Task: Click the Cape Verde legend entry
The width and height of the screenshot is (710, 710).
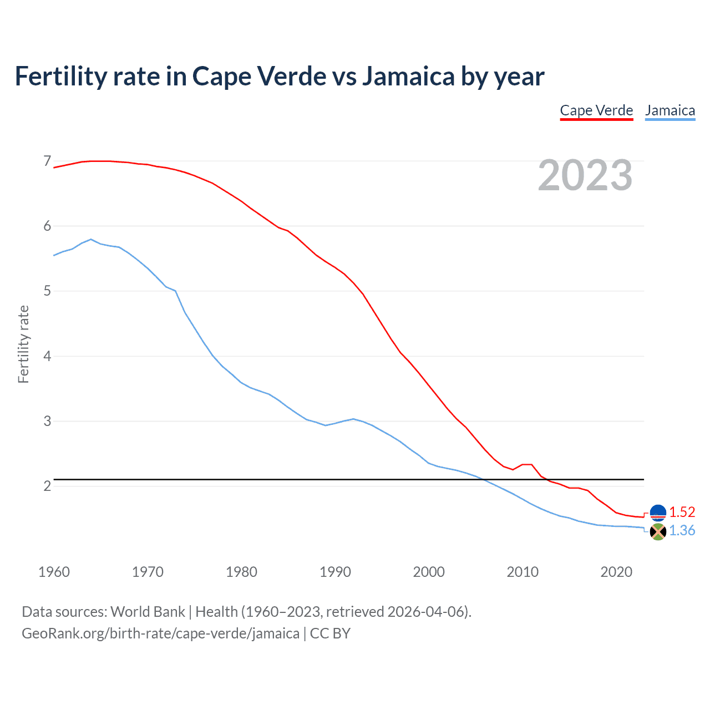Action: [596, 110]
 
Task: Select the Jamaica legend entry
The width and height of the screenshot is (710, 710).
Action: [670, 110]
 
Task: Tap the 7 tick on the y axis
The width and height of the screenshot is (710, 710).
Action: [47, 161]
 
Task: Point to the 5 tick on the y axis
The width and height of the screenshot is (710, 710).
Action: [47, 291]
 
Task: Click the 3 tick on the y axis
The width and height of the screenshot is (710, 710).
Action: [47, 421]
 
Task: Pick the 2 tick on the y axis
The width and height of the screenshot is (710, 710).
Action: [47, 486]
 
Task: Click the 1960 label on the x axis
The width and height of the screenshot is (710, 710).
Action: [54, 572]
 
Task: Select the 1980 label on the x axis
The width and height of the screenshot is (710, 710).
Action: [241, 572]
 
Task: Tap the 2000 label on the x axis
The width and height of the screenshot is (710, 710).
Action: [429, 572]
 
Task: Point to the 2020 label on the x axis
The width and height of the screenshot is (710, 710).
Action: [616, 572]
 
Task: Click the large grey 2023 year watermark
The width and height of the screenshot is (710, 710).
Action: [585, 176]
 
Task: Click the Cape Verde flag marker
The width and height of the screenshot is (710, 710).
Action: [658, 513]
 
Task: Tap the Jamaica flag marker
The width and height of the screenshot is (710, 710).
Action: [658, 531]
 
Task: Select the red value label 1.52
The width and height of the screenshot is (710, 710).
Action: [682, 512]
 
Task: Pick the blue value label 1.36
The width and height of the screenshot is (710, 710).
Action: [682, 531]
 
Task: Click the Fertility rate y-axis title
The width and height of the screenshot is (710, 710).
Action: [23, 344]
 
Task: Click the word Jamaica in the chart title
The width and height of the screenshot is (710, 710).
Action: [408, 76]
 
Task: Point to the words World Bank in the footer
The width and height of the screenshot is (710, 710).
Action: [148, 612]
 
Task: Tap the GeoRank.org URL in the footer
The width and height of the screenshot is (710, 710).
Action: [160, 633]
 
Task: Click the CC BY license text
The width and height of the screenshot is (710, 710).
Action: [330, 633]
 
